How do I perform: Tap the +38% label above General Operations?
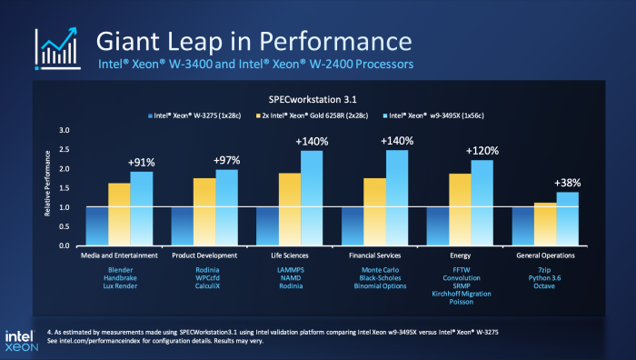point(566,182)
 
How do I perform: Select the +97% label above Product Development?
point(226,160)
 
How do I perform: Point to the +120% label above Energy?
point(482,150)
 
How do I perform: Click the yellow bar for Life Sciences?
point(290,209)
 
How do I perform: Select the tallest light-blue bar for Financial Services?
point(397,198)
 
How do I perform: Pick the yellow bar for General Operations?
point(544,224)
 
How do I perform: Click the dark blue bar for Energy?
point(438,226)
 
